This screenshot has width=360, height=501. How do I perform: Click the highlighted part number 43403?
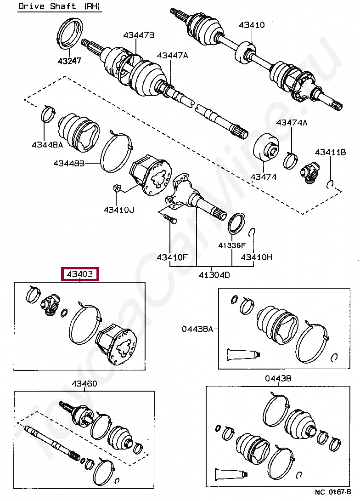(80, 274)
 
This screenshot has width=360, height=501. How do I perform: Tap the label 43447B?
(138, 35)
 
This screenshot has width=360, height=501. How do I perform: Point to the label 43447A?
(172, 55)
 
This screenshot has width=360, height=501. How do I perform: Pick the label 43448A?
(47, 144)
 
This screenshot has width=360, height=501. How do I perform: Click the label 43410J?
(119, 210)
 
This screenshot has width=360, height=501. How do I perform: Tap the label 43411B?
(330, 152)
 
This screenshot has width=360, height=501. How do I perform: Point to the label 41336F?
(232, 245)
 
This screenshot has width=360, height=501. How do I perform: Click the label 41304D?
(214, 275)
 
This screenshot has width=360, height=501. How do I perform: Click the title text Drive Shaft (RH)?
(60, 7)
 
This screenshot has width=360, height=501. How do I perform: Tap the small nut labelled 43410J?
(116, 188)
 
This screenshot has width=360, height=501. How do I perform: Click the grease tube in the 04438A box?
(244, 354)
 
